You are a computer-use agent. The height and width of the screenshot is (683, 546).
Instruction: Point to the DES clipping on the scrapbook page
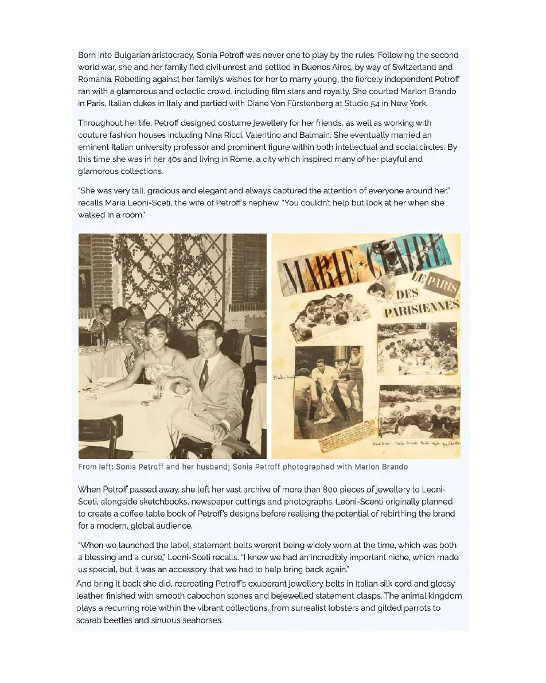(x=408, y=294)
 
